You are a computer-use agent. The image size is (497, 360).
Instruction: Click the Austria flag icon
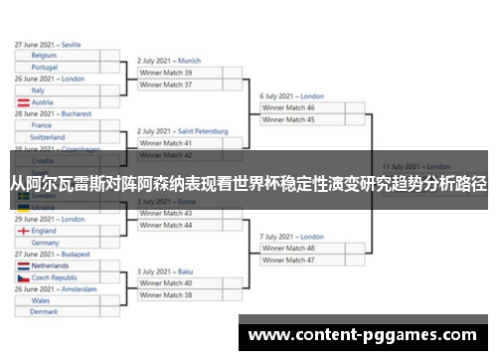pos(22,102)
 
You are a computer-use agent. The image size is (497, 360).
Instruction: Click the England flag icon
pos(22,231)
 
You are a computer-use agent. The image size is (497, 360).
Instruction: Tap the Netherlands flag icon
pos(22,266)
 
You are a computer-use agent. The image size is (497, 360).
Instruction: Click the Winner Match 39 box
pos(179,73)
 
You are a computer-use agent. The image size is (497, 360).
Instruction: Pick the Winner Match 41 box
pos(179,143)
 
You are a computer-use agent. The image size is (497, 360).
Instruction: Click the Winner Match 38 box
pos(179,294)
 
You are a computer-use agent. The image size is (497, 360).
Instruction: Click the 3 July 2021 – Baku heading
pos(165,271)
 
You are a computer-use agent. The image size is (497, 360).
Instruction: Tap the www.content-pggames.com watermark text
pos(364,334)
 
